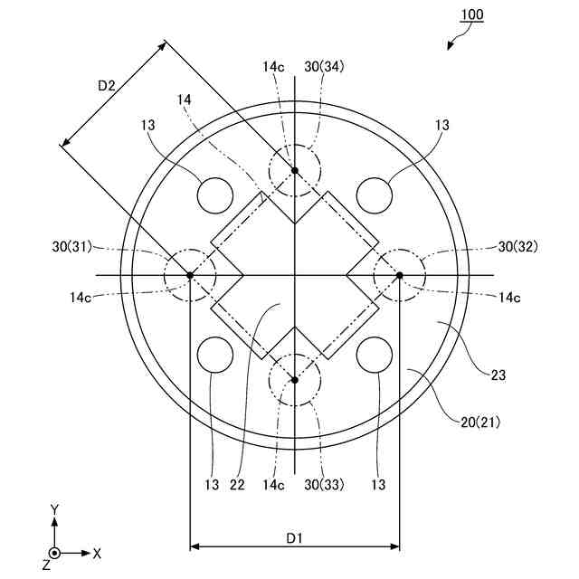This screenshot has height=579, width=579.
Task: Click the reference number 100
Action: pyautogui.click(x=472, y=14)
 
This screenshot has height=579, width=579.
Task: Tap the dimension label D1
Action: pyautogui.click(x=294, y=538)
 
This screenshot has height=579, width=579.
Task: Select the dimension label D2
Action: pyautogui.click(x=107, y=86)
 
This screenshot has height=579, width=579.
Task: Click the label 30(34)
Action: pyautogui.click(x=324, y=67)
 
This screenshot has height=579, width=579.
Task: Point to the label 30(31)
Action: pyautogui.click(x=72, y=247)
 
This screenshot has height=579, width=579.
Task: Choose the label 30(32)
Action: pyautogui.click(x=518, y=247)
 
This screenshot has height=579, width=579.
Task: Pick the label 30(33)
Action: pyautogui.click(x=324, y=485)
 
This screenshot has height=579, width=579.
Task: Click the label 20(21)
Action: pyautogui.click(x=480, y=422)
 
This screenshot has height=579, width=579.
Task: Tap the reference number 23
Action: pyautogui.click(x=498, y=375)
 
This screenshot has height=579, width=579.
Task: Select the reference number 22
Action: pyautogui.click(x=237, y=485)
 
